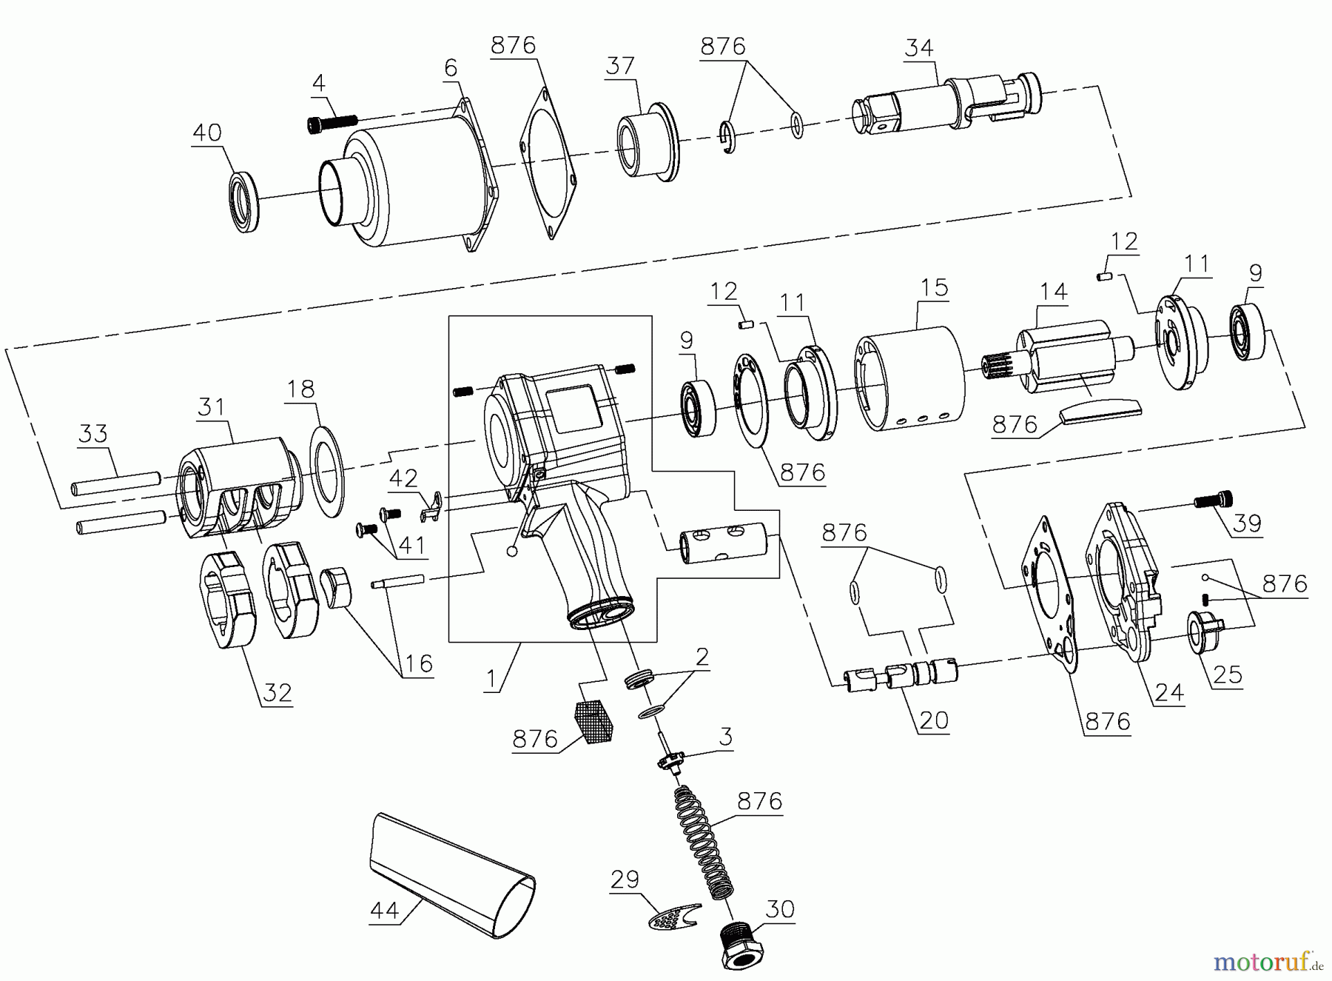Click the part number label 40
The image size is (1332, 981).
[x=206, y=133]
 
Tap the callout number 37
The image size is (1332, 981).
[x=620, y=67]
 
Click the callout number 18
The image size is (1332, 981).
[x=300, y=389]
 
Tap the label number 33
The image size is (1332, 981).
[x=92, y=434]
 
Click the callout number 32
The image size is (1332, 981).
[x=277, y=694]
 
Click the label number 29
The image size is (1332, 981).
[x=625, y=880]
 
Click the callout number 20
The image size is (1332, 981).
[x=933, y=720]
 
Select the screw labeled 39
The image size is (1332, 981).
[x=1214, y=503]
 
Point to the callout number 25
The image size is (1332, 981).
[x=1227, y=675]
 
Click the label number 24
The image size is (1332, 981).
[x=1169, y=692]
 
